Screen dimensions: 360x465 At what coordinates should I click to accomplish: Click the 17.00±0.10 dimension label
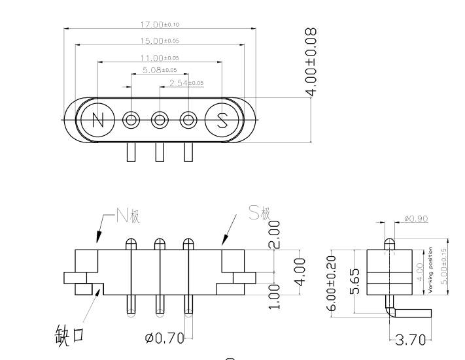click(x=160, y=25)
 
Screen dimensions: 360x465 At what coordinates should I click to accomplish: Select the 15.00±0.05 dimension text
click(x=160, y=41)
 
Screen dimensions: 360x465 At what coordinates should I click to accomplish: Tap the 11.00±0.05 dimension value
click(x=160, y=57)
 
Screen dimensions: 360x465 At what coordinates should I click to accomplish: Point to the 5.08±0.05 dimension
click(x=160, y=70)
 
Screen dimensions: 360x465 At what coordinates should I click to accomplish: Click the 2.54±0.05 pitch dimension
click(x=186, y=83)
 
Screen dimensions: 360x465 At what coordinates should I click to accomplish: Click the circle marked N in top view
click(x=98, y=120)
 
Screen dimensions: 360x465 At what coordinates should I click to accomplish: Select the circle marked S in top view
click(x=222, y=120)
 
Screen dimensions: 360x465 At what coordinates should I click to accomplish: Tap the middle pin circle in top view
click(x=160, y=120)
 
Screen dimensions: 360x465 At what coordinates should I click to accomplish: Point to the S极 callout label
click(x=259, y=213)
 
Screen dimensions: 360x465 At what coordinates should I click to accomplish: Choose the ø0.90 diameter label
click(x=416, y=218)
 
